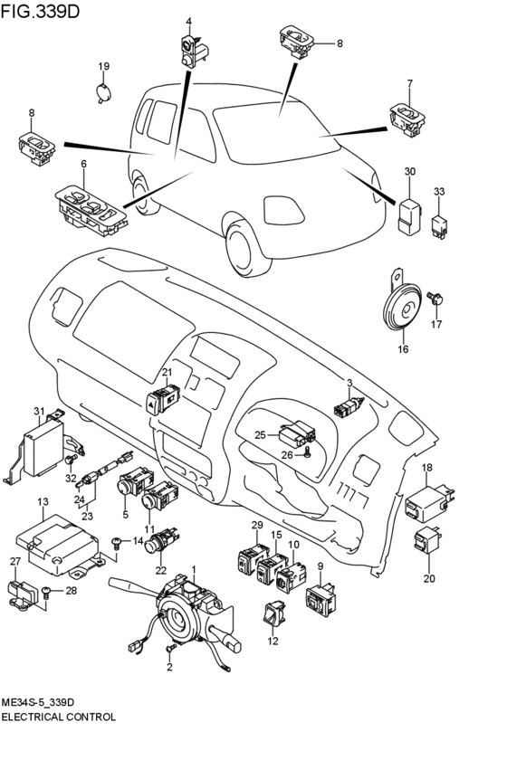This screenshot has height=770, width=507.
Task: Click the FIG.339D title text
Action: tap(40, 11)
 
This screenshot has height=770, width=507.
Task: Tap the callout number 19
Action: tap(103, 67)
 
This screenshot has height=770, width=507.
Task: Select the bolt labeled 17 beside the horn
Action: tap(435, 299)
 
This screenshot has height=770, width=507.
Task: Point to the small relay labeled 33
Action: tap(439, 226)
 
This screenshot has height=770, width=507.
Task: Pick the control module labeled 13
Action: tap(56, 544)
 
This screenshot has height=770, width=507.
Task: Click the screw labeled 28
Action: tap(45, 593)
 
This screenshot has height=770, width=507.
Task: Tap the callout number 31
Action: tap(39, 411)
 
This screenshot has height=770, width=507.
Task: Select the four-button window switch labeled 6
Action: tap(91, 210)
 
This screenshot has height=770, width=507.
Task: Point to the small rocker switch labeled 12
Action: tap(274, 614)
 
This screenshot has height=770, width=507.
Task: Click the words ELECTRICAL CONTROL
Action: tap(59, 717)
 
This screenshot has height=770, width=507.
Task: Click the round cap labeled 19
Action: tap(102, 93)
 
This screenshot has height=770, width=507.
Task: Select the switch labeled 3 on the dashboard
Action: tap(349, 407)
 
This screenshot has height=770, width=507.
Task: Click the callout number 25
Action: tap(261, 434)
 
